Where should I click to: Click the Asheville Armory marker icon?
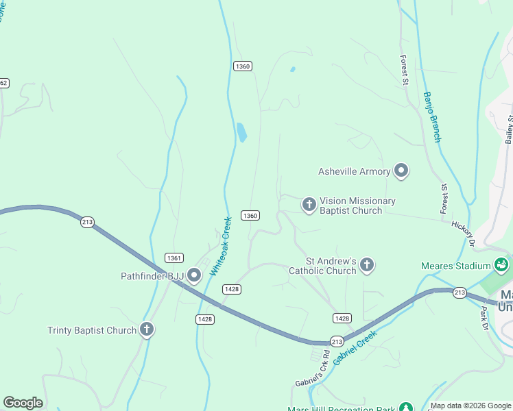pyautogui.click(x=401, y=171)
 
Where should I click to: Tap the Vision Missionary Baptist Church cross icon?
pyautogui.click(x=309, y=204)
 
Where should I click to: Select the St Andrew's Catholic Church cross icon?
pyautogui.click(x=367, y=264)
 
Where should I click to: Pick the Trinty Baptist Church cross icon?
pyautogui.click(x=146, y=329)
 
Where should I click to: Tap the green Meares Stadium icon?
pyautogui.click(x=501, y=265)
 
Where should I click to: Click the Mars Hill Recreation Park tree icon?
pyautogui.click(x=406, y=407)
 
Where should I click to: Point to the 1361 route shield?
pyautogui.click(x=174, y=258)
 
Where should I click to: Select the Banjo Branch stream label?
pyautogui.click(x=431, y=117)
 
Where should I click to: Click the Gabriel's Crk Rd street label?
pyautogui.click(x=313, y=368)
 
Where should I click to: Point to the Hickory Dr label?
pyautogui.click(x=464, y=233)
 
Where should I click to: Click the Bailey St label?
pyautogui.click(x=510, y=129)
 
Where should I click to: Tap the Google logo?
pyautogui.click(x=23, y=403)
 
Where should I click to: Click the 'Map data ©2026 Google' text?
pyautogui.click(x=470, y=406)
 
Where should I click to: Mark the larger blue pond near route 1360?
pyautogui.click(x=241, y=132)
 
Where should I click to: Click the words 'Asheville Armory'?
pyautogui.click(x=355, y=171)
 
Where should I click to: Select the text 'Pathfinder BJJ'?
pyautogui.click(x=151, y=276)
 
